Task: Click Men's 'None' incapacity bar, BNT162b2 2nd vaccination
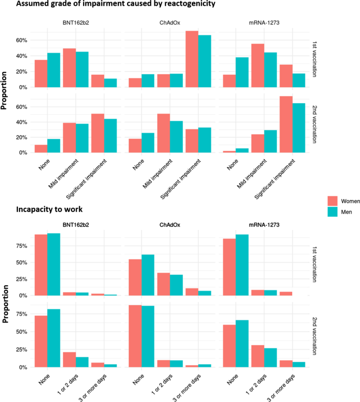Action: (x=54, y=338)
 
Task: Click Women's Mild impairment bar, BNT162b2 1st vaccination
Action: (x=69, y=68)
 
